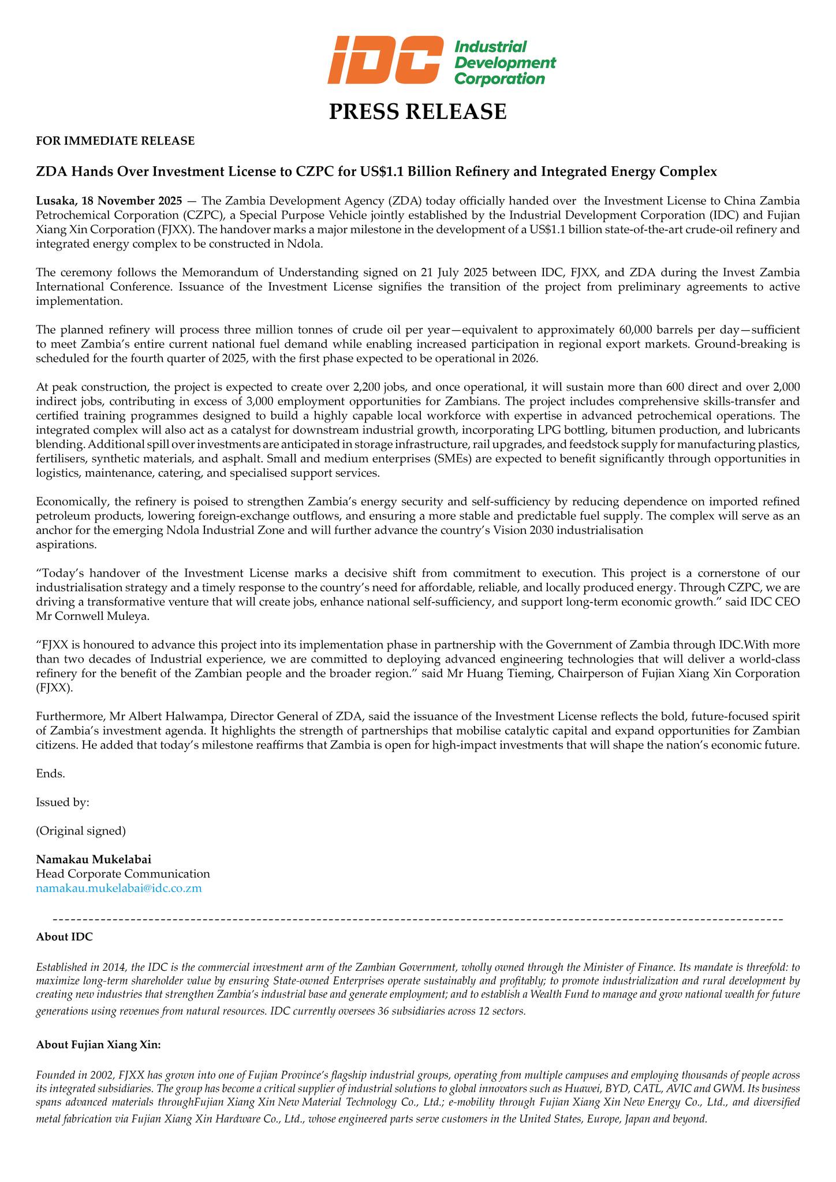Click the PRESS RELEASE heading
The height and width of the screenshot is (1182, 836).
click(417, 111)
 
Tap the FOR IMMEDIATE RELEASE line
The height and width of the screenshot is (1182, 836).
click(115, 141)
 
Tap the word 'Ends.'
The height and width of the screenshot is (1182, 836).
click(50, 774)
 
